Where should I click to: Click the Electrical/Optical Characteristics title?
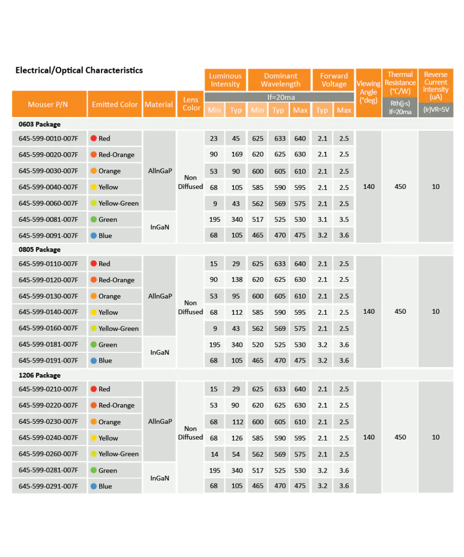point(79,71)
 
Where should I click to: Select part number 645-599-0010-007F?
point(48,138)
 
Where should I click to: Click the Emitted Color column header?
point(115,104)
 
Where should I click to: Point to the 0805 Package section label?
point(39,250)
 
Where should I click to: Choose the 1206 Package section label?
point(39,375)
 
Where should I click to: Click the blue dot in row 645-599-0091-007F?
point(94,235)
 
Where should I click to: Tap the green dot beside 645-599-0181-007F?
point(94,344)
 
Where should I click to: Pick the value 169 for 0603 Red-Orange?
point(237,155)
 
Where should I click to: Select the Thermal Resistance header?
point(400,83)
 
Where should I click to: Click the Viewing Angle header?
point(368,92)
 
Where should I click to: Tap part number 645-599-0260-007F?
point(48,453)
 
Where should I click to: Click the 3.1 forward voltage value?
point(322,220)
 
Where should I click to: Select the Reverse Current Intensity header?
point(436,86)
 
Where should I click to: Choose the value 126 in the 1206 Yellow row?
point(237,438)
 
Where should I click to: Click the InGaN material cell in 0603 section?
point(159,227)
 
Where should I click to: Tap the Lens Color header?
point(191,104)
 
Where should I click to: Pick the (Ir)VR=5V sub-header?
point(436,110)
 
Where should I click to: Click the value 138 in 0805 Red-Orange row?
point(237,280)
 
